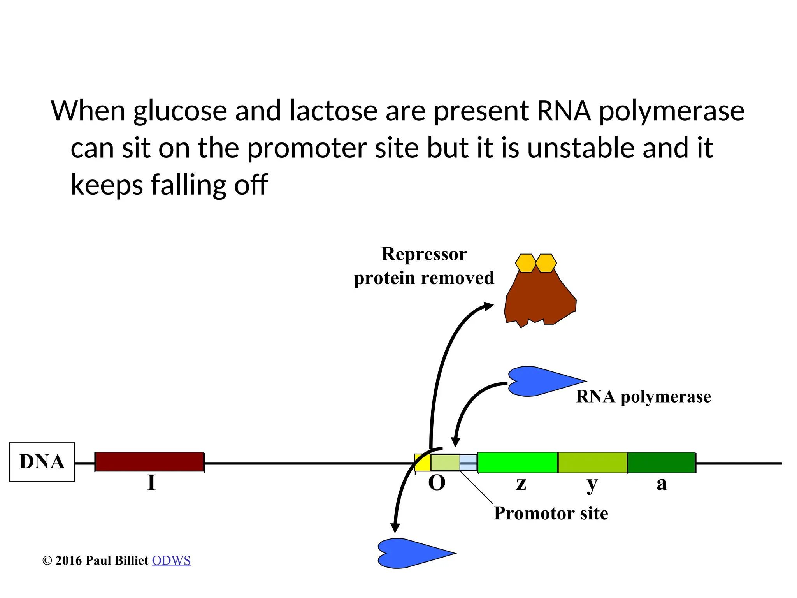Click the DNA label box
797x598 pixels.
coord(42,462)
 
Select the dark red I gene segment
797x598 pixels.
coord(149,462)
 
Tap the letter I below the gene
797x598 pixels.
coord(151,483)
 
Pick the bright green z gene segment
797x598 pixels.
coord(518,463)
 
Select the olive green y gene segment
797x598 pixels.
coord(592,463)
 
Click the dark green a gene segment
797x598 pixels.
coord(662,463)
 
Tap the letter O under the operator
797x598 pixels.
coord(437,483)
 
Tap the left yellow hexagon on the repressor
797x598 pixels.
coord(526,263)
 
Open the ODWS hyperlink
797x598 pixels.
coord(171,561)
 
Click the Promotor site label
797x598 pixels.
coord(551,513)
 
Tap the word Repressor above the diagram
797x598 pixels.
coord(424,254)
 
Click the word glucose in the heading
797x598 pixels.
coord(180,111)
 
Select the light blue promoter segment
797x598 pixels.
coord(469,463)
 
